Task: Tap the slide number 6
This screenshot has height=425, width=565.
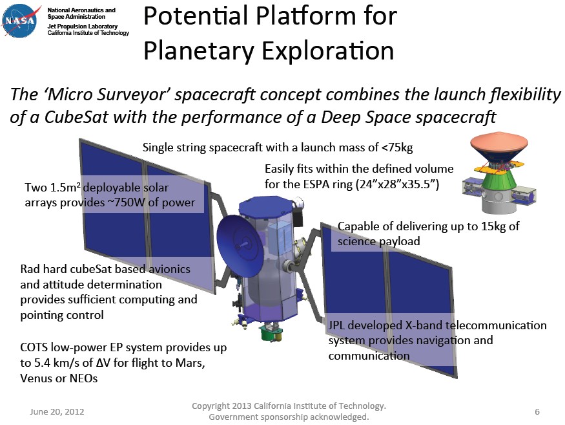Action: pyautogui.click(x=537, y=411)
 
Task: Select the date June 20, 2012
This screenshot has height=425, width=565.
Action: pyautogui.click(x=57, y=411)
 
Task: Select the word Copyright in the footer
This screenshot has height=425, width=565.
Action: pyautogui.click(x=216, y=406)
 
